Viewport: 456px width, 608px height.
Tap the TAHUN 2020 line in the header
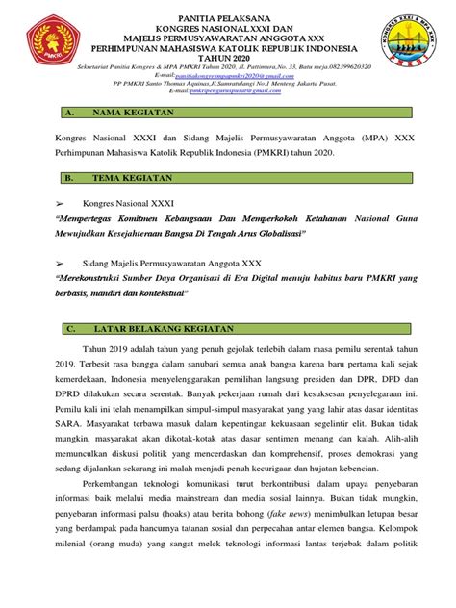[227, 58]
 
